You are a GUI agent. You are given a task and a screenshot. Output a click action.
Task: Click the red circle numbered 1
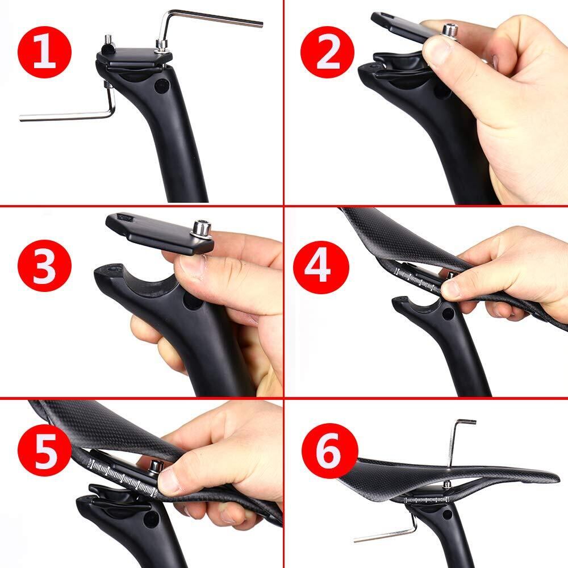(44, 52)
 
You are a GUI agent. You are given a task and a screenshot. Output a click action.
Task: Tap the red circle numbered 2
(328, 51)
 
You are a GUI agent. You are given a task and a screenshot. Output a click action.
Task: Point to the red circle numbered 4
(321, 266)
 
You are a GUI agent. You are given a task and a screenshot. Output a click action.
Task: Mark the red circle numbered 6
(329, 450)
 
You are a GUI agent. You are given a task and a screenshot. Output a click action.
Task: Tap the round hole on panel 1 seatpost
(161, 86)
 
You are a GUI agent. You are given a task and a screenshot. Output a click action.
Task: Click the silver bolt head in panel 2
(449, 29)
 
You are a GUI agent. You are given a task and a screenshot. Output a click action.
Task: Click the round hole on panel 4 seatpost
(448, 314)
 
